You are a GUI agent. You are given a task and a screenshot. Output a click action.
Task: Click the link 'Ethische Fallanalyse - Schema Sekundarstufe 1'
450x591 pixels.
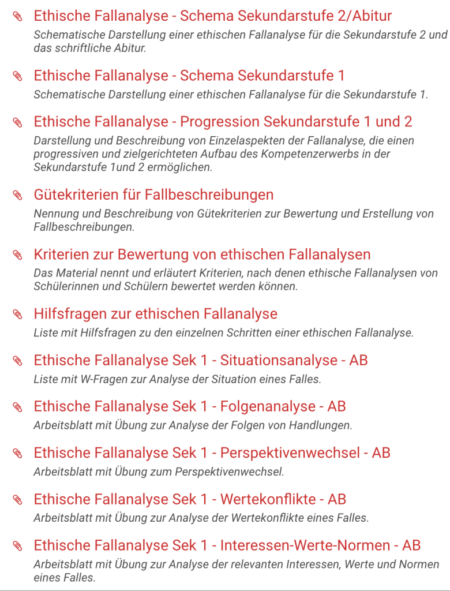189,76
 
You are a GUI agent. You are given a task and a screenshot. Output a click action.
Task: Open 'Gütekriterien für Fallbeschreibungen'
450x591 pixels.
153,194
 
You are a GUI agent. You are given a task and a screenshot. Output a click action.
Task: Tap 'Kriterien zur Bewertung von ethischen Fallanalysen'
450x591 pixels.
202,255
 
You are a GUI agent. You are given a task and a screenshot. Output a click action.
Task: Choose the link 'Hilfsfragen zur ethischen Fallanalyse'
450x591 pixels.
155,314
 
